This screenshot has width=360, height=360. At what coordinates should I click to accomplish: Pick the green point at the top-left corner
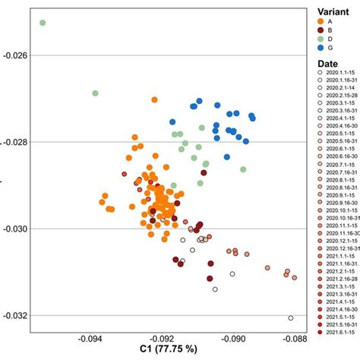43,24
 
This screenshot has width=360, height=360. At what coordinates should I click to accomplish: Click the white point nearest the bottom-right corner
290,318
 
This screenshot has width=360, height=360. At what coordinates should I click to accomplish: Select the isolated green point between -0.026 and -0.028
96,93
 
